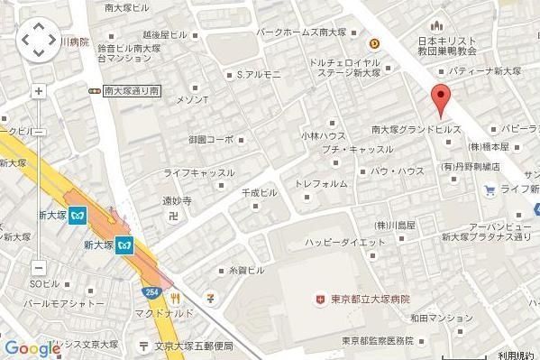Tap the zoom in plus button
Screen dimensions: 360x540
tap(38, 91)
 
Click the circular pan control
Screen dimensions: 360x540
tap(38, 40)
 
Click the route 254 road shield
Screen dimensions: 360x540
tap(151, 292)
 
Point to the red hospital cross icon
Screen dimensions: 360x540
tap(318, 299)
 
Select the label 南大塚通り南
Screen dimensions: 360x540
tap(131, 90)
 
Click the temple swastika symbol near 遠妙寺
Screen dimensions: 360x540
tap(173, 216)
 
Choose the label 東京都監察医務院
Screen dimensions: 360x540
tap(377, 340)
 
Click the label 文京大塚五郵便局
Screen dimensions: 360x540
tap(192, 346)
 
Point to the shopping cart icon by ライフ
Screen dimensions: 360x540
tap(490, 189)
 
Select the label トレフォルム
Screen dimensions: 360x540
tap(321, 184)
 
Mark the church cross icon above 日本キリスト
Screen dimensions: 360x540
tap(439, 23)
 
